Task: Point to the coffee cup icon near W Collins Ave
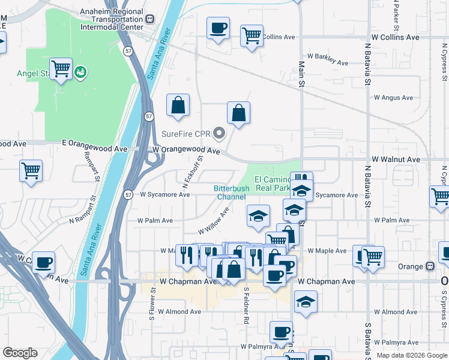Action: [x=218, y=28]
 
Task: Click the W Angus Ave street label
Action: [x=393, y=98]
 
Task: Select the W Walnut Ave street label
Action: [x=396, y=160]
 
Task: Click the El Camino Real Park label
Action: [x=273, y=184]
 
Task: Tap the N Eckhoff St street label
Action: [x=193, y=171]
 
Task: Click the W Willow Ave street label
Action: [x=214, y=221]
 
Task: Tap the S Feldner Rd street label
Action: [x=246, y=305]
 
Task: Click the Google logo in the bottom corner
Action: [x=20, y=353]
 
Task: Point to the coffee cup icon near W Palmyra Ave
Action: [x=281, y=332]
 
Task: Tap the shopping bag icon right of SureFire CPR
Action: [x=238, y=112]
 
